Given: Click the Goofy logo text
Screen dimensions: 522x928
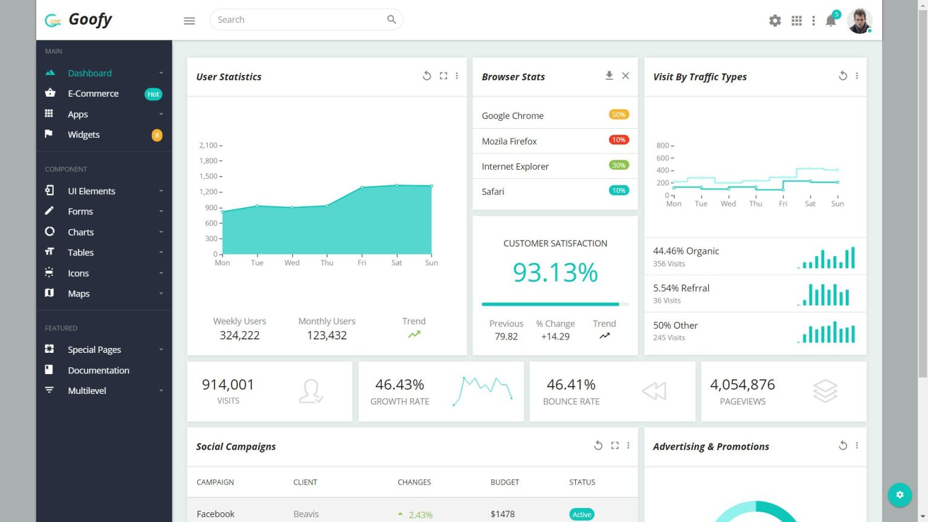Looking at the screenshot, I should click(x=90, y=19).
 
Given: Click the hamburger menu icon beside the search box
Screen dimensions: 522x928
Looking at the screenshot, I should click(x=189, y=21).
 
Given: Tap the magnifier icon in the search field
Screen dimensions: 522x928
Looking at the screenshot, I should click(x=391, y=20).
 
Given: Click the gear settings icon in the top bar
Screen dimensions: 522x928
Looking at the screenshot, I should click(x=775, y=21).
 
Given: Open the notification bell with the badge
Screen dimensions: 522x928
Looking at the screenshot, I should click(x=831, y=21).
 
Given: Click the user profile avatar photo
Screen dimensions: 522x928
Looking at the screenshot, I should click(x=859, y=21).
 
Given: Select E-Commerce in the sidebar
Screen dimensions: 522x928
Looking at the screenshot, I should click(x=93, y=94).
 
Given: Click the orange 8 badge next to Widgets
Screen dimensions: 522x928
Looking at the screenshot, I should click(x=156, y=135).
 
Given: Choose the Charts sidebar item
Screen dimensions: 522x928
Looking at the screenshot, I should click(x=80, y=232).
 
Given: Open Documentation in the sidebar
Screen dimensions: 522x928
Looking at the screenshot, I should click(x=98, y=370).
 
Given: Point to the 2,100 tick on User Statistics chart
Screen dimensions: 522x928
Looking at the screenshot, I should click(x=208, y=146).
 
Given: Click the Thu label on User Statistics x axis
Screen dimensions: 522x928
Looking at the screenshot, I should click(x=327, y=263).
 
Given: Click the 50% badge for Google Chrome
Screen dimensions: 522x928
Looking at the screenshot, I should click(x=619, y=115).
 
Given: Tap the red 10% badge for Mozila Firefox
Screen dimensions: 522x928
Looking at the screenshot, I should click(x=619, y=140).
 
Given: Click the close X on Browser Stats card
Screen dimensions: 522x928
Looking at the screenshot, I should click(x=625, y=76).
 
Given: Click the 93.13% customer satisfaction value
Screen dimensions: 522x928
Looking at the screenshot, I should click(x=555, y=272).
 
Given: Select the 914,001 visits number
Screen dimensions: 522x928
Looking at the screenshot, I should click(x=228, y=385).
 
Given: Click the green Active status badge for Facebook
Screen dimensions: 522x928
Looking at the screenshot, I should click(x=581, y=514).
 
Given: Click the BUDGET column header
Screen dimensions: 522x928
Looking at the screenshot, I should click(x=504, y=482).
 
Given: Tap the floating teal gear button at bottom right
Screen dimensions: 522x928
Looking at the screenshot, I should click(x=900, y=495).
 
